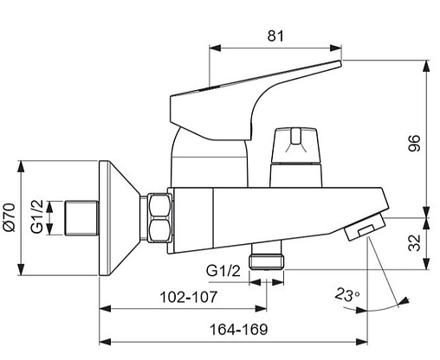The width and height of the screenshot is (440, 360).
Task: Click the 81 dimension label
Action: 275,36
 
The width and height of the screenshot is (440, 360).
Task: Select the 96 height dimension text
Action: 414,143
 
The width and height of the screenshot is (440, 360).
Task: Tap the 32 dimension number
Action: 415,243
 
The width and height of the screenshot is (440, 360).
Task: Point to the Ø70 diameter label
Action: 10,217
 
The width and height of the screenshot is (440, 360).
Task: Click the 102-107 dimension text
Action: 188,297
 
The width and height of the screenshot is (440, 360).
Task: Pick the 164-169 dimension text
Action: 239,330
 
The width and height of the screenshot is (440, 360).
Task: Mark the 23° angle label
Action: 347,295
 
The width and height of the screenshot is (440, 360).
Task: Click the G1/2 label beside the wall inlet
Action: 37,216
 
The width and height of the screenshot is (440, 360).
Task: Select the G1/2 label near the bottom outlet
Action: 223,271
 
